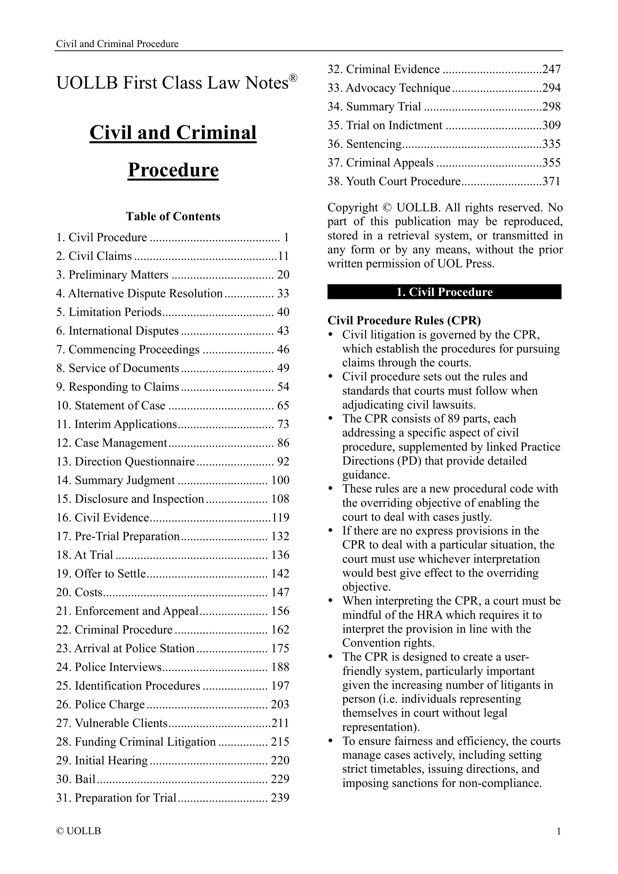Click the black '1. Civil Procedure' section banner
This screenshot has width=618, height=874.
click(x=444, y=292)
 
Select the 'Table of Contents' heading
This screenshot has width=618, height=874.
click(x=173, y=216)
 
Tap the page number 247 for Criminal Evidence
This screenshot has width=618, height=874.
click(x=551, y=69)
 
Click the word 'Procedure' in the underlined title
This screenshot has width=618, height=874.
click(x=173, y=170)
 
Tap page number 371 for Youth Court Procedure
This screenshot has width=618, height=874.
click(x=551, y=181)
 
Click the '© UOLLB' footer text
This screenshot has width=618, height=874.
click(x=79, y=831)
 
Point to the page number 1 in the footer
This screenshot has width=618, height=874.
click(x=559, y=831)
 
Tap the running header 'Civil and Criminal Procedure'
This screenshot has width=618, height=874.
click(x=117, y=44)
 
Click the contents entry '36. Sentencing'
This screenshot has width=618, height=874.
click(x=365, y=144)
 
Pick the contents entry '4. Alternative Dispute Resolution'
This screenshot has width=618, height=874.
click(x=139, y=293)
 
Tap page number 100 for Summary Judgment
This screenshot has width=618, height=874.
click(x=280, y=481)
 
